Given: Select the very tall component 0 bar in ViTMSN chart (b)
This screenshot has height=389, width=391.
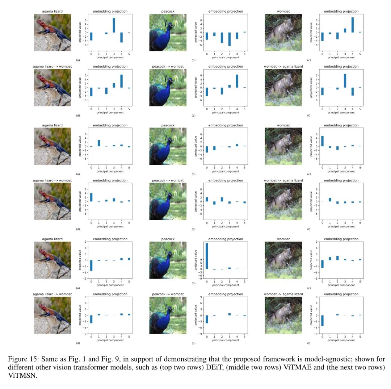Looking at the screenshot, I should point(207,256).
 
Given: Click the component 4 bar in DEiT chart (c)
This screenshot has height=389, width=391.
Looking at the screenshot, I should point(353,25).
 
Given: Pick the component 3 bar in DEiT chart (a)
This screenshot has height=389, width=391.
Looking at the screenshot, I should point(114,25).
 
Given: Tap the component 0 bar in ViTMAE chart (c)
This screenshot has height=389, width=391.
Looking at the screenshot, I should point(322,141).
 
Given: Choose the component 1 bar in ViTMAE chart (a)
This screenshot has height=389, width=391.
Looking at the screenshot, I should point(99,143).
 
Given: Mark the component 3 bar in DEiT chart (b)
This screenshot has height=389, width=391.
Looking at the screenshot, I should point(229,39).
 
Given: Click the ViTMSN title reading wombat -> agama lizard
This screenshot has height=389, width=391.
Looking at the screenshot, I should point(283,294).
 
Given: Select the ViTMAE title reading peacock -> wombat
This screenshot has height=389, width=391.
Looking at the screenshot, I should point(168,180).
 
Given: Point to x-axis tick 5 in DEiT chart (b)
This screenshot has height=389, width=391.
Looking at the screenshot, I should point(244,54).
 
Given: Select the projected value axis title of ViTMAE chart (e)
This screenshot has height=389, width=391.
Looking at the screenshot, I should point(196,201).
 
